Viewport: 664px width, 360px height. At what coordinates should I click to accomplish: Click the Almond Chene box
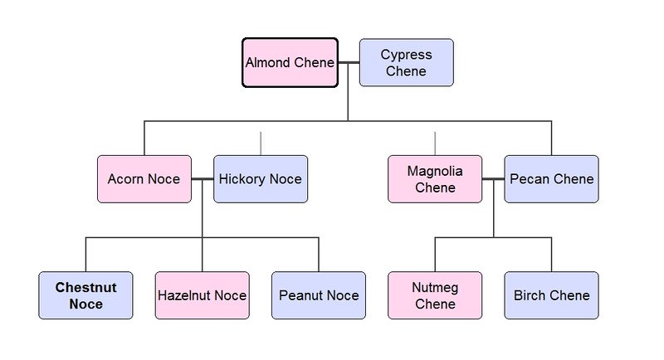[290, 62]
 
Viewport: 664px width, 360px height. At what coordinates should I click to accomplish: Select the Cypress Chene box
[406, 62]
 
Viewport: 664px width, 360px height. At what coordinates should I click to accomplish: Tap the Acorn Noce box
[144, 179]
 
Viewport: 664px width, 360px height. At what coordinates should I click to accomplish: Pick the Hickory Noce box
[261, 179]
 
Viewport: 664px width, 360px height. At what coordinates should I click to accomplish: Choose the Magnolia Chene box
[435, 179]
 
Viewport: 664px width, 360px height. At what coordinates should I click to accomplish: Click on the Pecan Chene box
[551, 179]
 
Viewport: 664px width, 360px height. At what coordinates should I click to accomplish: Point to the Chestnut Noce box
[85, 295]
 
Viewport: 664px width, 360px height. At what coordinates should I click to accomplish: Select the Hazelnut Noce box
[202, 295]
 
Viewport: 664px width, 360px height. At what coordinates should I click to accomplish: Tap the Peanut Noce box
[319, 295]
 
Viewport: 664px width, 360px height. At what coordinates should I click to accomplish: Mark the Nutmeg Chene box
[435, 295]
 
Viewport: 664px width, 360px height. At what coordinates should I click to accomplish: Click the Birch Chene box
[551, 295]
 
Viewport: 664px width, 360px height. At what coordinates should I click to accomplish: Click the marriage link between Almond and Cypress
[348, 62]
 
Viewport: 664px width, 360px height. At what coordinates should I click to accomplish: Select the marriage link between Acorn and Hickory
[203, 179]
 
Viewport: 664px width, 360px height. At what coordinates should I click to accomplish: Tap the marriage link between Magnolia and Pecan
[493, 179]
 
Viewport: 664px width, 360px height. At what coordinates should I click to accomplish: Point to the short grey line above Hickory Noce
[261, 144]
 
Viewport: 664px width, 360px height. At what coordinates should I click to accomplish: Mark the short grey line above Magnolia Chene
[435, 144]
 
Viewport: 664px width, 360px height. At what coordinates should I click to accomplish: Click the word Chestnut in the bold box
[85, 288]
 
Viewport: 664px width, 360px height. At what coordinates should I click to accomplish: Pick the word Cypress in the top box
[406, 55]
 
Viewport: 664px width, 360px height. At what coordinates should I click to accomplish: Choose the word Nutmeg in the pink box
[435, 288]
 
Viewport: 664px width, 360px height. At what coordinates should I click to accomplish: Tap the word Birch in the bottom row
[530, 295]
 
